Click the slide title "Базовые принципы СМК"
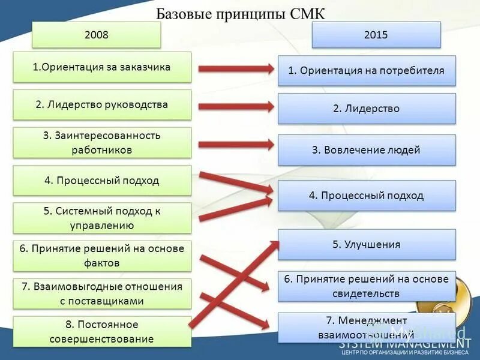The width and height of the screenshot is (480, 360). pyautogui.click(x=240, y=14)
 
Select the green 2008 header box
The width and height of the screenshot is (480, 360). pyautogui.click(x=97, y=35)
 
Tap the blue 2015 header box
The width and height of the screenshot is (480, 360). pyautogui.click(x=376, y=35)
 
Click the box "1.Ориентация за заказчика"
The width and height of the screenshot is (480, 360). pyautogui.click(x=102, y=67)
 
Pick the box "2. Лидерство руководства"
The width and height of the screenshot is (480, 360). pyautogui.click(x=102, y=104)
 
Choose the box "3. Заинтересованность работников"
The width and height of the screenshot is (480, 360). pyautogui.click(x=102, y=142)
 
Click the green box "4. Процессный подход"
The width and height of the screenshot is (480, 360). pyautogui.click(x=102, y=180)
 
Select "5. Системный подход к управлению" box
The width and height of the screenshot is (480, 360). pyautogui.click(x=102, y=218)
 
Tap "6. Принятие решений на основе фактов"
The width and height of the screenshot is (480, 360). pyautogui.click(x=102, y=256)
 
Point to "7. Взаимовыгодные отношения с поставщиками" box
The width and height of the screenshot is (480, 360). pyautogui.click(x=102, y=293)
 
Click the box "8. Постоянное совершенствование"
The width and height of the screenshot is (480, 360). pyautogui.click(x=102, y=331)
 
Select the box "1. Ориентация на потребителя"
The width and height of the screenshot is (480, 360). pyautogui.click(x=367, y=71)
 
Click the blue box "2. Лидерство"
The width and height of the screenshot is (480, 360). pyautogui.click(x=367, y=109)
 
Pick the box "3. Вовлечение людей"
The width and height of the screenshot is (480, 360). pyautogui.click(x=367, y=150)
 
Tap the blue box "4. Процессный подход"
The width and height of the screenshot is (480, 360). pyautogui.click(x=367, y=196)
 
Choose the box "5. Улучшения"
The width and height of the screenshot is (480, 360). pyautogui.click(x=367, y=244)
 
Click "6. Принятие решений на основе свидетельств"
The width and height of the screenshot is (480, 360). pyautogui.click(x=367, y=286)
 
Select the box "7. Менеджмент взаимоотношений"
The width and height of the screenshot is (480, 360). pyautogui.click(x=367, y=327)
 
